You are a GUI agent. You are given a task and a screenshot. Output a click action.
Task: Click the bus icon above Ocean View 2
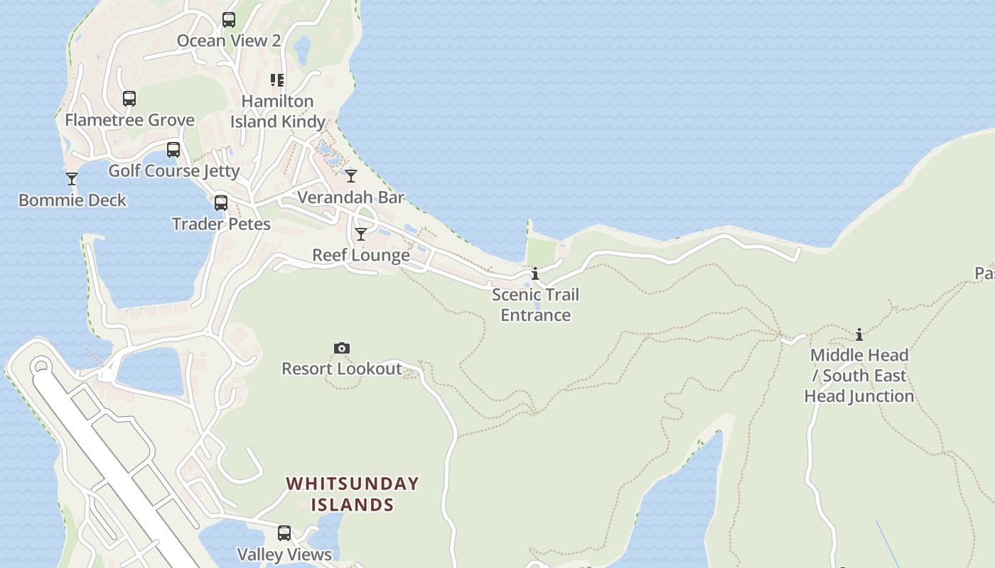click(229, 20)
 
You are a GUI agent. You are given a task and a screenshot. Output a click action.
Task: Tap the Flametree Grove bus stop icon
click(129, 99)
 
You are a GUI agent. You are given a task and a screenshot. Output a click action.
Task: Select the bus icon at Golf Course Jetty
click(173, 150)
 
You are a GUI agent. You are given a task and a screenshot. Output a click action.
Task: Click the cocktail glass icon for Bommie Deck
click(72, 178)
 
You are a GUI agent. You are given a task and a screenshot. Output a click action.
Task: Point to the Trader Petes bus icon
click(221, 203)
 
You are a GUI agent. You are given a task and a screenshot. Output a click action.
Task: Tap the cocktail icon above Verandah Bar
click(351, 175)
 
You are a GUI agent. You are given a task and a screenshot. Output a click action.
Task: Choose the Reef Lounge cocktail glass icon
click(361, 234)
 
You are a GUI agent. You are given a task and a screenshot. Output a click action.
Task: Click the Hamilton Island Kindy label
click(278, 111)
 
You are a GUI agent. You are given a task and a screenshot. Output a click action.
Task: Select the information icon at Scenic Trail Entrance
click(535, 273)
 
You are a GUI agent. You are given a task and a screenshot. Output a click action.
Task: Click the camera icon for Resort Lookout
click(342, 348)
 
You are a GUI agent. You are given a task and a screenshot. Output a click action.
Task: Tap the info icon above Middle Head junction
click(859, 334)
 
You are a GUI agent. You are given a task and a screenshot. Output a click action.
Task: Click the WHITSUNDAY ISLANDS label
click(353, 494)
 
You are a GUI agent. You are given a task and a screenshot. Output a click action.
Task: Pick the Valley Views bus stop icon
click(284, 533)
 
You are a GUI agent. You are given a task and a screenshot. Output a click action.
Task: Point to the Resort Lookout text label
click(342, 368)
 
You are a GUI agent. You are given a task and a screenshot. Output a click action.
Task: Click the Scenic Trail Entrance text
click(536, 305)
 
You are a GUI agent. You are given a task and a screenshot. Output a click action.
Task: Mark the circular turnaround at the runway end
click(41, 367)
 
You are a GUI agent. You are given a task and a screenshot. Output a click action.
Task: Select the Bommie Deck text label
click(72, 200)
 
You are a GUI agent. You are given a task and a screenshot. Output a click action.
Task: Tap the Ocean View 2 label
click(229, 40)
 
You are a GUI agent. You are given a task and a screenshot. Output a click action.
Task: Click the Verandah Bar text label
click(351, 197)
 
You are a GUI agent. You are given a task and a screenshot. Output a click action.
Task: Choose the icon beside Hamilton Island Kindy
click(277, 80)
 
